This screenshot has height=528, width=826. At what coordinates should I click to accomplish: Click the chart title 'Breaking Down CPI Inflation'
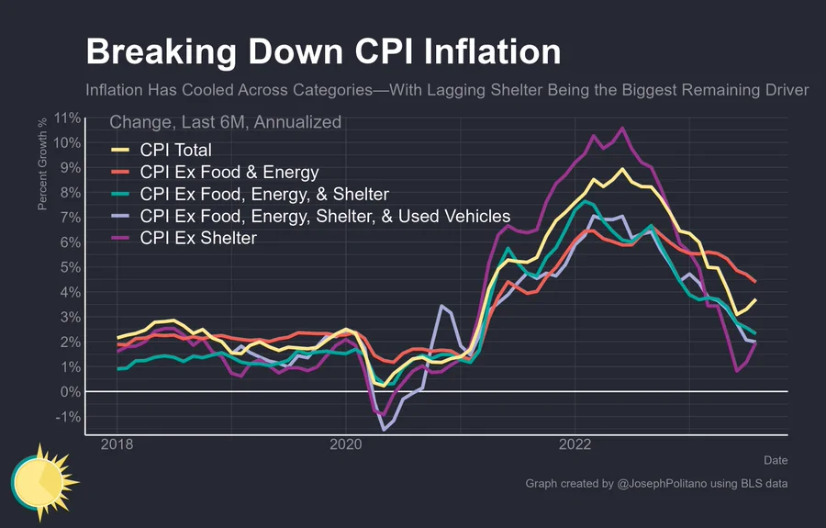(x=323, y=51)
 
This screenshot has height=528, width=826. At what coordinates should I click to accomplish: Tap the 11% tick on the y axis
(x=67, y=118)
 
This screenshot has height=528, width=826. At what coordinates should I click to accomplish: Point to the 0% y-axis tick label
(x=71, y=392)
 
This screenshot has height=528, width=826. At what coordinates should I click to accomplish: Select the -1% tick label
(x=69, y=417)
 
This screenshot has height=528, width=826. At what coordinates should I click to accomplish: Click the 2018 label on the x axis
(x=117, y=444)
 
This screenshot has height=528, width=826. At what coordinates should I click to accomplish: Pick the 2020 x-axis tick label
(x=346, y=444)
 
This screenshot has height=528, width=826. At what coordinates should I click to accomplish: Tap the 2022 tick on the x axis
(x=575, y=444)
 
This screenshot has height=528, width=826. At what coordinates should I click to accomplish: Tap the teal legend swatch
(x=120, y=194)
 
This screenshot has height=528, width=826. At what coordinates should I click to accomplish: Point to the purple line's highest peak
(x=622, y=128)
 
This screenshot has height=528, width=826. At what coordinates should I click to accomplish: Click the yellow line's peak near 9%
(x=622, y=169)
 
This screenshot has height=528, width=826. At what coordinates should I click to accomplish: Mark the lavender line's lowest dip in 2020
(x=384, y=430)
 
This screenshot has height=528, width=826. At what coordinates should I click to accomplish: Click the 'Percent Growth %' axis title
(x=42, y=163)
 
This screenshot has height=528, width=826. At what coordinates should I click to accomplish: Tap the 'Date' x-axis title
(x=776, y=460)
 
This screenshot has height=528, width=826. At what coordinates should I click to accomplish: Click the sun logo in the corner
(x=44, y=482)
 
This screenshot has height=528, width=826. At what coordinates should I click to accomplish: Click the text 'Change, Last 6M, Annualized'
(x=226, y=122)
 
